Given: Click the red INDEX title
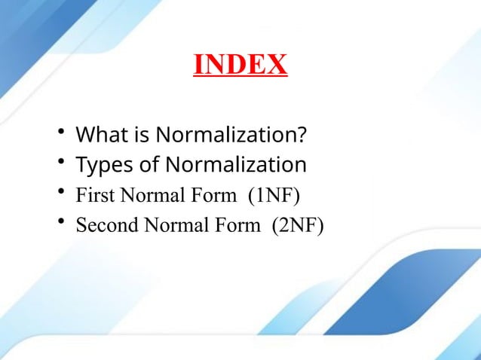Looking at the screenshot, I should pos(240,65).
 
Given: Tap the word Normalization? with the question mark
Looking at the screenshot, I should pos(231,136).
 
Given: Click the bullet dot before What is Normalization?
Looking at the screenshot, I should pos(61,134).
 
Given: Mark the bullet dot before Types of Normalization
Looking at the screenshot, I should pos(61,163).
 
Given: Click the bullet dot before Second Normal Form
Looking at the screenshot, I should pos(61,222).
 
